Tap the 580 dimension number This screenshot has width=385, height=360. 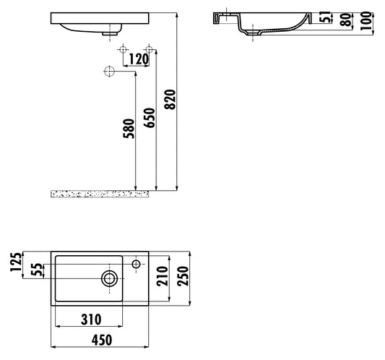coord(128,130)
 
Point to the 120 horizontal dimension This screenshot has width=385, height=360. coord(139,58)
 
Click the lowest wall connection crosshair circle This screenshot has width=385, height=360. coord(110,72)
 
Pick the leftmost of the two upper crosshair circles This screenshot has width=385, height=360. coord(123,48)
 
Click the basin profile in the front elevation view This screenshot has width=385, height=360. coord(101,24)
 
